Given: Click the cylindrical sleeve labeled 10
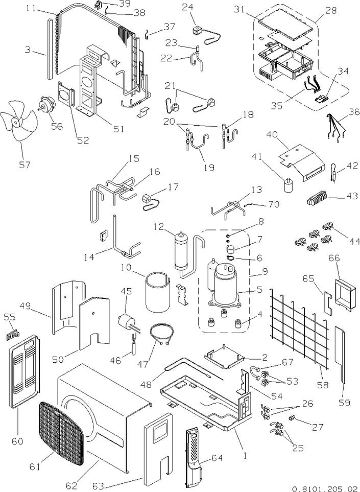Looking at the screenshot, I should point(158,292).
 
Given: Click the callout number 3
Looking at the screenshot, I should point(29,50).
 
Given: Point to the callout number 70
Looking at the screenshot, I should point(274,204).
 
